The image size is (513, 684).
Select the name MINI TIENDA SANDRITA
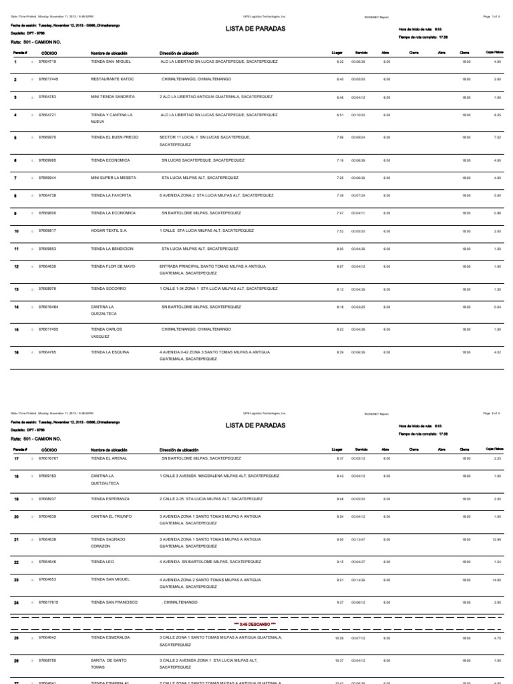[113, 96]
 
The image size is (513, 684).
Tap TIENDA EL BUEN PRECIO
[114, 137]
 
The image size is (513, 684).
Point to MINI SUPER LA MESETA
[113, 178]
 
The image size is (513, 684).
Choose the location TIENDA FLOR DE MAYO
[113, 266]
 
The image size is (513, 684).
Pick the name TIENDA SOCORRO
[108, 289]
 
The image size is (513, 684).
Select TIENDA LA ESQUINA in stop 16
[110, 351]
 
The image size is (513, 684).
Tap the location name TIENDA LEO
[102, 561]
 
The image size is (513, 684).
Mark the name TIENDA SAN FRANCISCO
[114, 602]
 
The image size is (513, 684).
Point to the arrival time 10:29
[338, 638]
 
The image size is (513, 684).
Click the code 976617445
[48, 79]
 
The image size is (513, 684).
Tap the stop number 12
[15, 267]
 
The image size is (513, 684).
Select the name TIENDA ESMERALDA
[110, 638]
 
